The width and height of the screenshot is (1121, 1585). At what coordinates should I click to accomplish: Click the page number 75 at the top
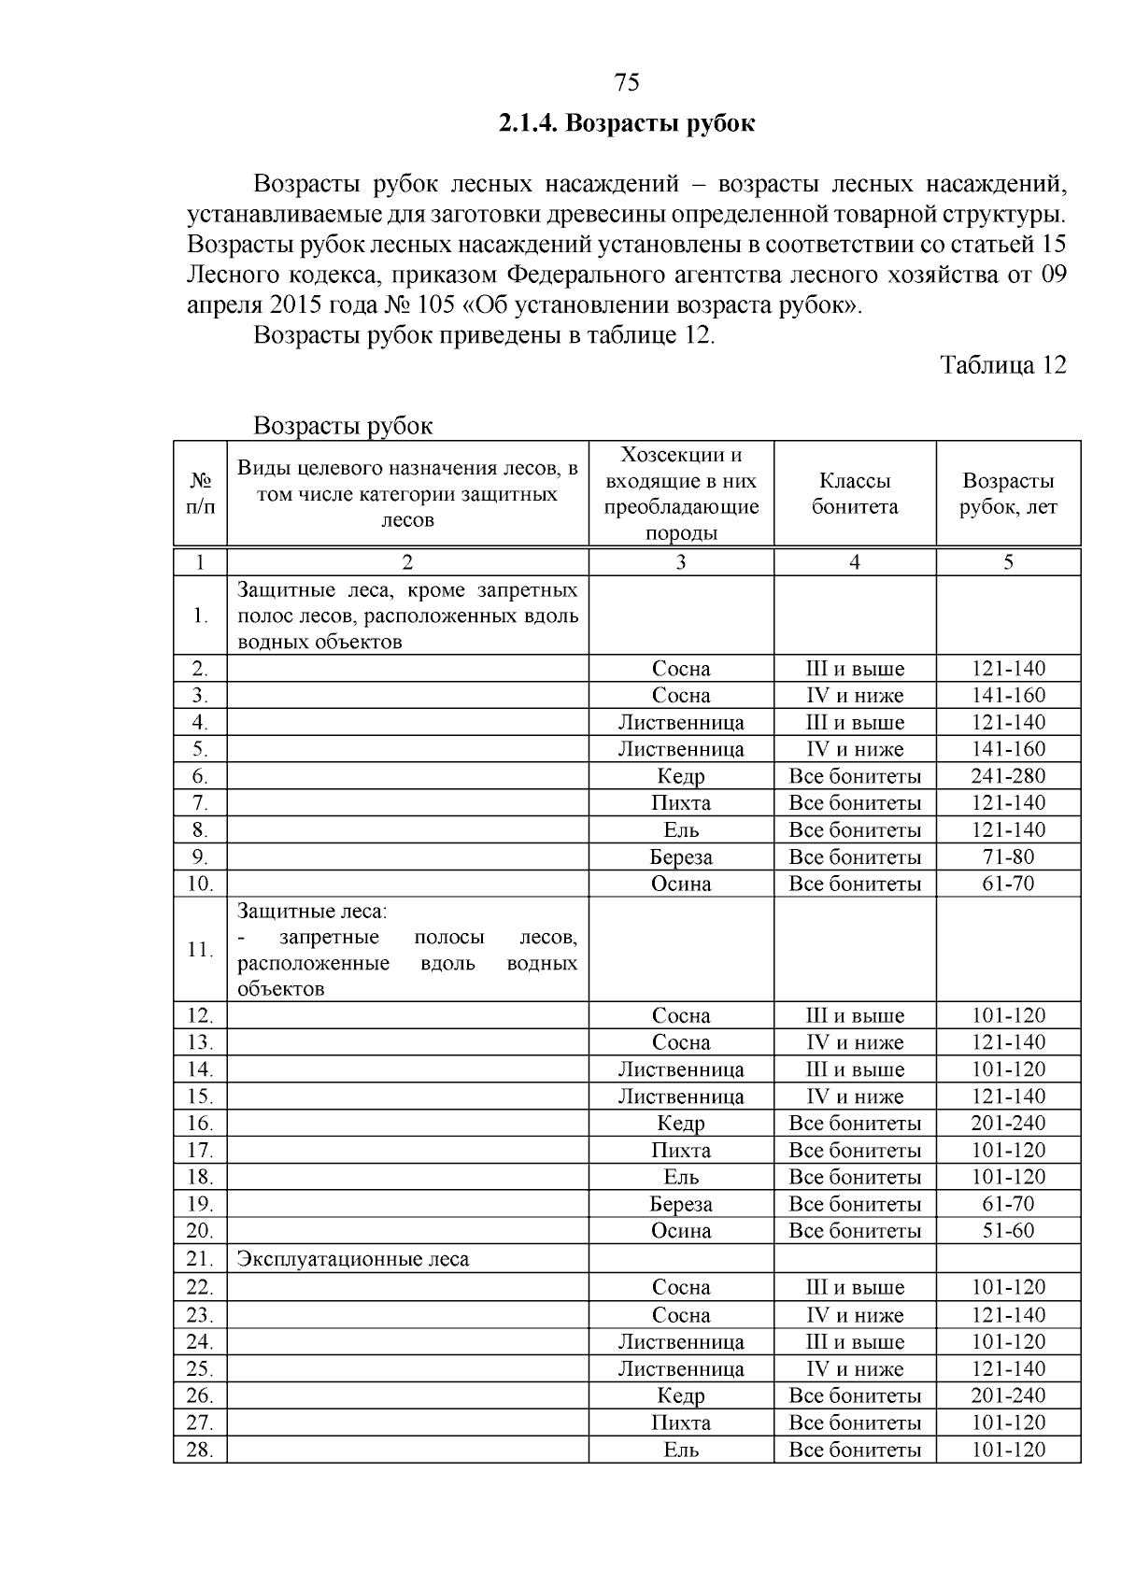[628, 83]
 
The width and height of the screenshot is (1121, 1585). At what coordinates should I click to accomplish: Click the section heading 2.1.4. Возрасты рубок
[627, 123]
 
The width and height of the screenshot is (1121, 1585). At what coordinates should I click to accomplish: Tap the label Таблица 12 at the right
[1003, 364]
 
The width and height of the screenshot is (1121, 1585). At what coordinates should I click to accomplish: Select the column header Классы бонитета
[854, 493]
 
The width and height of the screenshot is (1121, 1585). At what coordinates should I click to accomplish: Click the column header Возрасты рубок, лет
[1008, 493]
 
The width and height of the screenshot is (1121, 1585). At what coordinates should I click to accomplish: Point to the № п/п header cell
[200, 493]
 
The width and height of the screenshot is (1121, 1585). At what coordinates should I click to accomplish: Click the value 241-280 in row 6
[1008, 776]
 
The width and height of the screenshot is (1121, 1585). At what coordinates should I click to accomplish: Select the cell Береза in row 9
[681, 857]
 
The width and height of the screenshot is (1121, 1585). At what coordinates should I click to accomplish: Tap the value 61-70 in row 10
[1008, 884]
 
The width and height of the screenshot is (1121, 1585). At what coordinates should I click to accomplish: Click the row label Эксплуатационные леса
[353, 1259]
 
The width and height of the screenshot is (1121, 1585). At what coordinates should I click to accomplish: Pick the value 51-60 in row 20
[1008, 1231]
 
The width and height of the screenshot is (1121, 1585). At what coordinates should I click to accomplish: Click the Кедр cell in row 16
[681, 1124]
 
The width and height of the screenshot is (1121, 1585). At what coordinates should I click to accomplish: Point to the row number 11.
[200, 949]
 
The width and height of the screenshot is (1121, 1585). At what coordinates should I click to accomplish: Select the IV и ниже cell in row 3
[854, 696]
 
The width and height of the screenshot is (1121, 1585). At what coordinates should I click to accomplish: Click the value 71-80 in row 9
[1008, 857]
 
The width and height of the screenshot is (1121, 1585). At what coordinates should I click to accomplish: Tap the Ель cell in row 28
[681, 1451]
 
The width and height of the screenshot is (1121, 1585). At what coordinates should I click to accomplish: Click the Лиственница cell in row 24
[681, 1342]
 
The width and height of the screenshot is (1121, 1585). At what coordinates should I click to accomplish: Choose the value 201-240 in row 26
[1008, 1396]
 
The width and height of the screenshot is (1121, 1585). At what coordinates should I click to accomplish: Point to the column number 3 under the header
[681, 562]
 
